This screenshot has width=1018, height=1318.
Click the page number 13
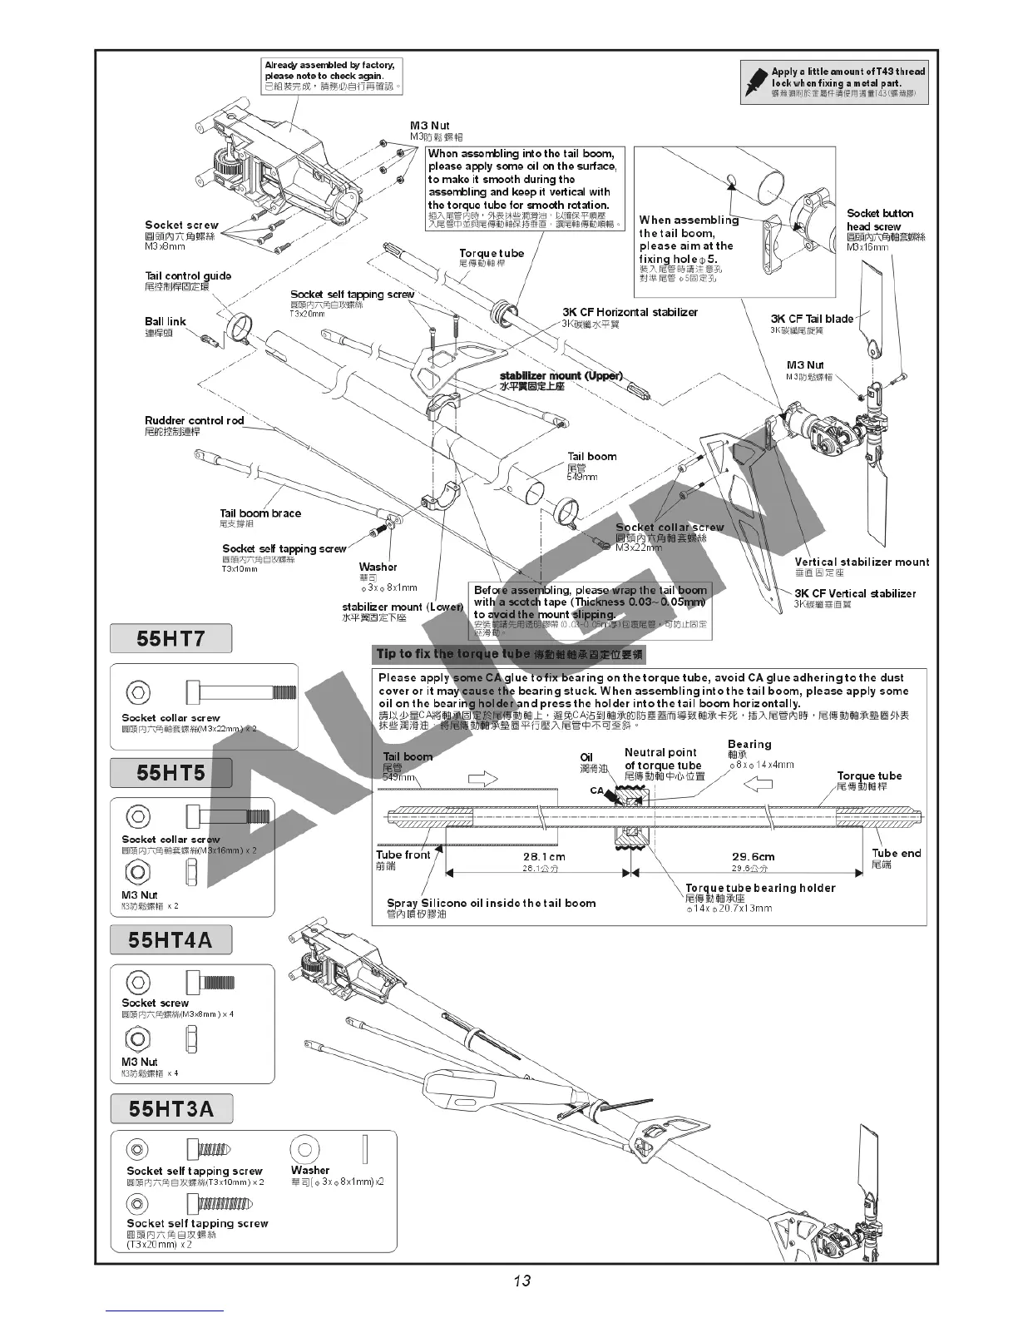click(x=522, y=1281)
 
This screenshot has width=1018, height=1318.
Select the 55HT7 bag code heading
click(x=170, y=639)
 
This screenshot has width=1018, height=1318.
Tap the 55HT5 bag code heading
click(x=170, y=773)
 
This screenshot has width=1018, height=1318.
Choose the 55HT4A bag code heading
click(x=170, y=940)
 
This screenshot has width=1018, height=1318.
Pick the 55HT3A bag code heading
click(x=171, y=1109)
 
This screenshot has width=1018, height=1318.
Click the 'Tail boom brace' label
click(x=260, y=513)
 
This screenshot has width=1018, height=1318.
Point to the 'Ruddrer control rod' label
click(x=194, y=421)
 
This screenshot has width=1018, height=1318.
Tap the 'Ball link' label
click(x=166, y=322)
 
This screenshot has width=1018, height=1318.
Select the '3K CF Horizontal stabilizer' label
click(x=630, y=313)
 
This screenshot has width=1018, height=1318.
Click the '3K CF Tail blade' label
click(x=812, y=319)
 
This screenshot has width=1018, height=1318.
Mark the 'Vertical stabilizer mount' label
click(x=862, y=562)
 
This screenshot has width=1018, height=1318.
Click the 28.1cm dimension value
click(x=544, y=857)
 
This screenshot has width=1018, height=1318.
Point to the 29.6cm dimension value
click(x=753, y=857)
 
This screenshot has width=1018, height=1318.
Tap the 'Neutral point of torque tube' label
click(x=662, y=759)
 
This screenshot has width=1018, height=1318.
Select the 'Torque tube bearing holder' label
click(x=759, y=889)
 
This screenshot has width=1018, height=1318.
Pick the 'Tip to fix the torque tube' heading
click(x=453, y=654)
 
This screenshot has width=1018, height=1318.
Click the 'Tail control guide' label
click(x=188, y=276)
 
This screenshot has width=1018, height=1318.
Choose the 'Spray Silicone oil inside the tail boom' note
click(x=491, y=903)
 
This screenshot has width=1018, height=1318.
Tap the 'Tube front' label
click(x=403, y=855)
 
